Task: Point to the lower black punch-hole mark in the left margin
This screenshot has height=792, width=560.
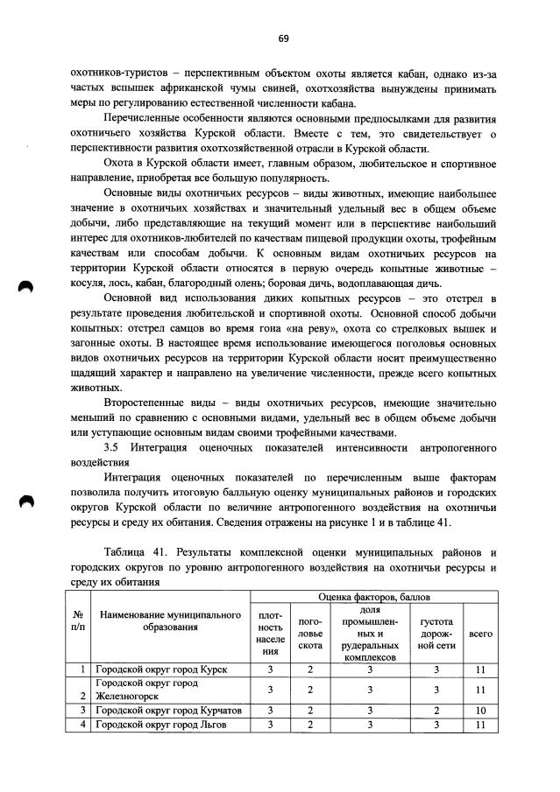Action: pos(27,501)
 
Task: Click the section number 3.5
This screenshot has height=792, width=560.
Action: pos(111,447)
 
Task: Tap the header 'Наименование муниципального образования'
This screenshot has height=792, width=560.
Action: pos(169,620)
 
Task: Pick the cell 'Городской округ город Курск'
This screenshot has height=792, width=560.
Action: pos(160,669)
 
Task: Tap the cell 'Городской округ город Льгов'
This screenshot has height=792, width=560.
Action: pos(160,725)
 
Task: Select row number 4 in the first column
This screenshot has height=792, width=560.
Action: pos(82,725)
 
